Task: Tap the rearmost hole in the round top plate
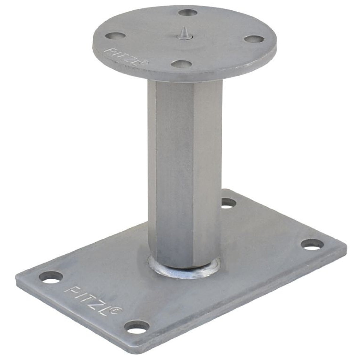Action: point(188,13)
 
